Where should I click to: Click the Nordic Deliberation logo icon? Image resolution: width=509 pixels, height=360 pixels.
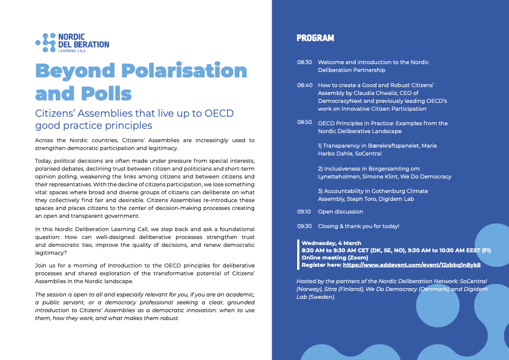point(45,42)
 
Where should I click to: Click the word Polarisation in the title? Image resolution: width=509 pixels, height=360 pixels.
point(184,70)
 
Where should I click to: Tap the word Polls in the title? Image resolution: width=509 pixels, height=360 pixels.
point(106,94)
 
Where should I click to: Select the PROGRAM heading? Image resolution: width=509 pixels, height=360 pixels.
point(315,38)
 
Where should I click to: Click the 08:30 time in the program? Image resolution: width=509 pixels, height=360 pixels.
point(304,62)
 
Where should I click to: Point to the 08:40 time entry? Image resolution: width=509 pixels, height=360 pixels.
point(304,85)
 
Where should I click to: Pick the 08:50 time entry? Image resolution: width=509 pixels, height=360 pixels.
point(304,122)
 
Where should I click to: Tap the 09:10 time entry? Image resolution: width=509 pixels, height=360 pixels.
point(303,212)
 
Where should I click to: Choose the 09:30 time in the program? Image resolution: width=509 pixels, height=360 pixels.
point(304,226)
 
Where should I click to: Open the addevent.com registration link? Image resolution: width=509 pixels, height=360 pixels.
point(412,265)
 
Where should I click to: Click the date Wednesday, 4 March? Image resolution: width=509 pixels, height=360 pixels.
point(331,243)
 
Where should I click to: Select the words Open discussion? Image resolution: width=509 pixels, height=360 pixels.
point(340,212)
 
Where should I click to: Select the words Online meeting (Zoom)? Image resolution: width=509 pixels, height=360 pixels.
point(335,258)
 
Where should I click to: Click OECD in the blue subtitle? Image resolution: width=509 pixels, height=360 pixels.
point(219,113)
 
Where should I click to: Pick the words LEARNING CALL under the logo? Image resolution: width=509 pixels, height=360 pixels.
point(72,51)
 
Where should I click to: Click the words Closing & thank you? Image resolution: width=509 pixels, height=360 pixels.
point(352,226)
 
